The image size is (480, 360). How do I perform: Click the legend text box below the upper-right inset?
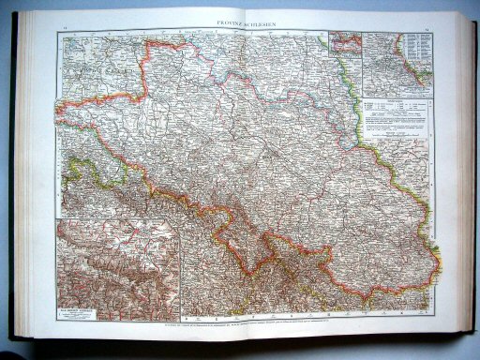[x=397, y=116]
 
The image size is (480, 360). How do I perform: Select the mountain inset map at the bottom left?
[x=117, y=268]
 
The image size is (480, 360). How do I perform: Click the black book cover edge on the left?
[x=12, y=187]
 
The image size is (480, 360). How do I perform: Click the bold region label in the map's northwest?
[x=89, y=68]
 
